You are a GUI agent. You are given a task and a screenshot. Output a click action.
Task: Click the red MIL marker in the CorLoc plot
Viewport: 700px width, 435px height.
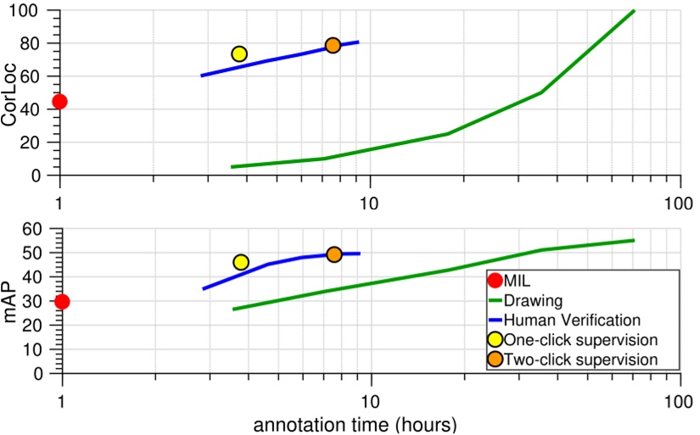[59, 102]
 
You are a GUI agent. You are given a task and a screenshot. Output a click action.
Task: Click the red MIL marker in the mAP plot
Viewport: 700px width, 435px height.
[61, 301]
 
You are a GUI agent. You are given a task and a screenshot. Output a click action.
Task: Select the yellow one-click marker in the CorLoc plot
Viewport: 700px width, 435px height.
[239, 54]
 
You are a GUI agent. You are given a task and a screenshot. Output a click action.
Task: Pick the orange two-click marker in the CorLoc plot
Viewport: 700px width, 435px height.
[333, 46]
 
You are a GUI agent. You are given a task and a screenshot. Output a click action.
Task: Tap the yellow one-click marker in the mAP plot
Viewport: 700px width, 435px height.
[241, 262]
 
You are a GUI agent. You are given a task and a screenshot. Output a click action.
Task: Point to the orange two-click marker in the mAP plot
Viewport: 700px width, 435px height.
[334, 254]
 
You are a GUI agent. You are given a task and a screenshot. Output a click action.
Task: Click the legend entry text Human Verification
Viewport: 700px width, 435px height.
[571, 320]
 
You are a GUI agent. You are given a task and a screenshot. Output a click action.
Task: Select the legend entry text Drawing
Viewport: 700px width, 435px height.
[533, 300]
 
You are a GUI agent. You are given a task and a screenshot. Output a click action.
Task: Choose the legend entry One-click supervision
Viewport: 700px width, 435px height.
[581, 339]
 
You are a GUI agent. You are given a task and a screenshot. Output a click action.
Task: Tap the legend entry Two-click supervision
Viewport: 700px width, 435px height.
[581, 360]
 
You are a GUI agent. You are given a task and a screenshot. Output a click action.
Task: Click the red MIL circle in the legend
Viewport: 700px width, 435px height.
[495, 281]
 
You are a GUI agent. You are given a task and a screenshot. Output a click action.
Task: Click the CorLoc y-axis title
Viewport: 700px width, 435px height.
[10, 94]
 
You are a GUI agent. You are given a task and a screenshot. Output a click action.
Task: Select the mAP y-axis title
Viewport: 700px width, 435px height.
[10, 301]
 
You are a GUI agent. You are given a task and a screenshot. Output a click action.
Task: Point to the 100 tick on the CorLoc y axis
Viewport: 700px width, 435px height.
[32, 11]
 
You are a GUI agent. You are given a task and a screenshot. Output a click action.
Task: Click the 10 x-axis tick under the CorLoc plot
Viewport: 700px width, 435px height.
[368, 204]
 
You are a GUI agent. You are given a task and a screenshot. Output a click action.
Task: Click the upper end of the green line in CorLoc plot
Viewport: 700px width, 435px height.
[634, 11]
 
